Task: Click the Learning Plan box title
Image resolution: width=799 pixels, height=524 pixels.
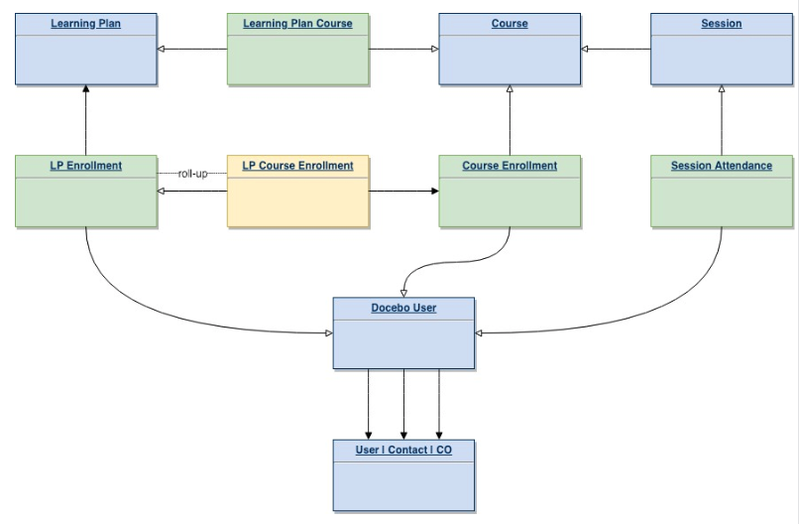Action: [86, 24]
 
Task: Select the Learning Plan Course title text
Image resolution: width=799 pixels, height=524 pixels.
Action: [297, 24]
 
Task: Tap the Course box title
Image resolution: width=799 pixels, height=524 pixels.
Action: [510, 24]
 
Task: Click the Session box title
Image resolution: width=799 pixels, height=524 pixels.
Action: [721, 24]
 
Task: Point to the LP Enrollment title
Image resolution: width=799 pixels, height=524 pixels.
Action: [86, 166]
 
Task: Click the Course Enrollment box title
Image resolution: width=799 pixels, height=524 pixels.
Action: [510, 166]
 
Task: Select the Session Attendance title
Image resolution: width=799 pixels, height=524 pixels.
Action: [721, 166]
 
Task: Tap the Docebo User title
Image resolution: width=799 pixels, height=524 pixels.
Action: [403, 308]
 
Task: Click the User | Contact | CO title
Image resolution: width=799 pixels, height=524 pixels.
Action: [403, 450]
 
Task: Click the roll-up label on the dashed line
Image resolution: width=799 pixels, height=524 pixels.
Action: [192, 174]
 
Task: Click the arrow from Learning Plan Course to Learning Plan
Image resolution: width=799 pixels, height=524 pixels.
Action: [192, 49]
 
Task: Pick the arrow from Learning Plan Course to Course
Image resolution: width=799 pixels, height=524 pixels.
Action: [403, 49]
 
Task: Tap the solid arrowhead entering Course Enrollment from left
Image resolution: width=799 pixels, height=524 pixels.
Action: [433, 191]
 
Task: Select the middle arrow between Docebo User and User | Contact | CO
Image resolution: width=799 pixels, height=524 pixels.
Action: [403, 403]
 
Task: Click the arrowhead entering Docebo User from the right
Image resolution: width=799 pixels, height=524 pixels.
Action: [480, 333]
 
